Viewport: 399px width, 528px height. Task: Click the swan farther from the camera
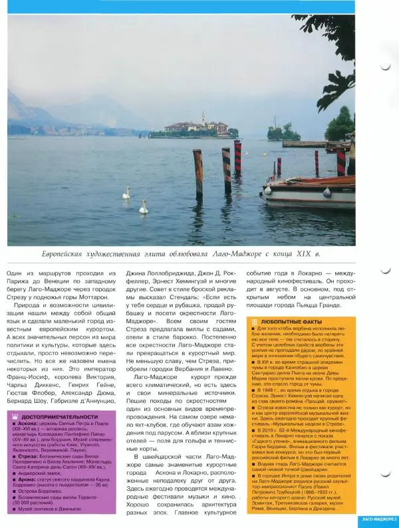point(126,193)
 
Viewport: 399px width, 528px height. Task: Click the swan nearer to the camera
point(143,207)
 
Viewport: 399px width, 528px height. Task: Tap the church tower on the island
point(203,118)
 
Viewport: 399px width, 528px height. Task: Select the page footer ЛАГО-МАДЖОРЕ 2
point(374,518)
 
